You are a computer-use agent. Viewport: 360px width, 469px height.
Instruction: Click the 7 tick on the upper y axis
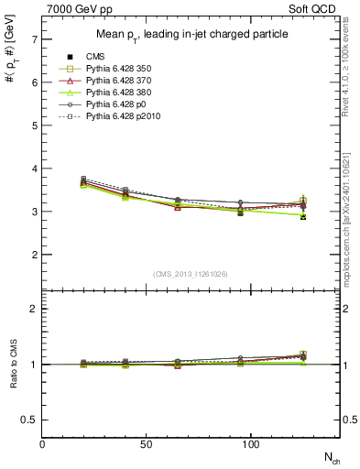[x=34, y=40]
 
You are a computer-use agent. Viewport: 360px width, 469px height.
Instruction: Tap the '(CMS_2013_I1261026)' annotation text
[x=191, y=275]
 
